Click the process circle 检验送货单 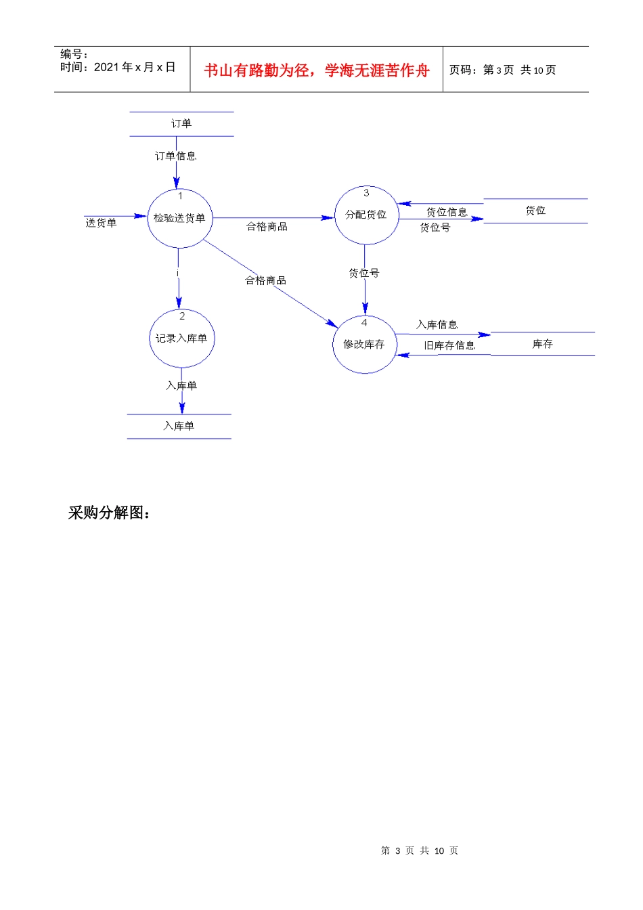(x=180, y=218)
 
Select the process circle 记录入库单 (x=181, y=339)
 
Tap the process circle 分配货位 (x=366, y=215)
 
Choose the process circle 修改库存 (x=364, y=345)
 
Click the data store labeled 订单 (x=181, y=124)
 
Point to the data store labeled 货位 (x=535, y=211)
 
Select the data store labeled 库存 (x=542, y=344)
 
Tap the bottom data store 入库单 (x=179, y=426)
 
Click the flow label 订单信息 (x=175, y=156)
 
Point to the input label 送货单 (x=101, y=223)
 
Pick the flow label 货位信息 (x=447, y=212)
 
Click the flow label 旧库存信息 (x=449, y=345)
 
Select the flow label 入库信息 (x=437, y=325)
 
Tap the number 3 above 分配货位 (x=366, y=193)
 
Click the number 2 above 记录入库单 (x=181, y=316)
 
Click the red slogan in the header (x=317, y=70)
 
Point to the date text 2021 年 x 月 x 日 (x=135, y=67)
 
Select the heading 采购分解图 (x=108, y=513)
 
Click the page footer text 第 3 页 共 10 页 (x=420, y=850)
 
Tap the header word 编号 (x=72, y=54)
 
